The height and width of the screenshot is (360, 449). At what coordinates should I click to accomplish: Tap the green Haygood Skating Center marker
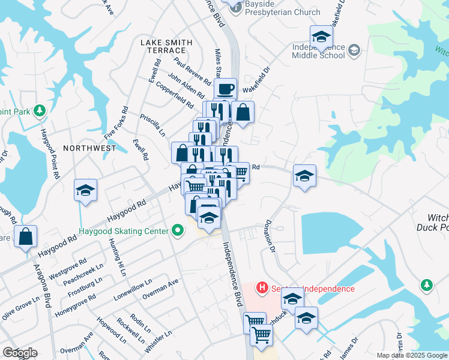coord(177,230)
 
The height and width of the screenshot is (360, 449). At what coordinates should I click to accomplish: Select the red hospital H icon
coord(261,289)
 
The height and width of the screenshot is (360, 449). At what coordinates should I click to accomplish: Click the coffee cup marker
coord(225,90)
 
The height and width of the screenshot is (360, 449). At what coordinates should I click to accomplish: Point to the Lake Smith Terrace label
coord(167,46)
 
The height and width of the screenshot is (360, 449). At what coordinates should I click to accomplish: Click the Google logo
coord(20,353)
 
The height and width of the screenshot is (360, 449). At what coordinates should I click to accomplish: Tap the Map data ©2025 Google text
coord(412,355)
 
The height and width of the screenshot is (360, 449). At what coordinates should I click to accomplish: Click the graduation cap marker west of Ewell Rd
coord(85,191)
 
